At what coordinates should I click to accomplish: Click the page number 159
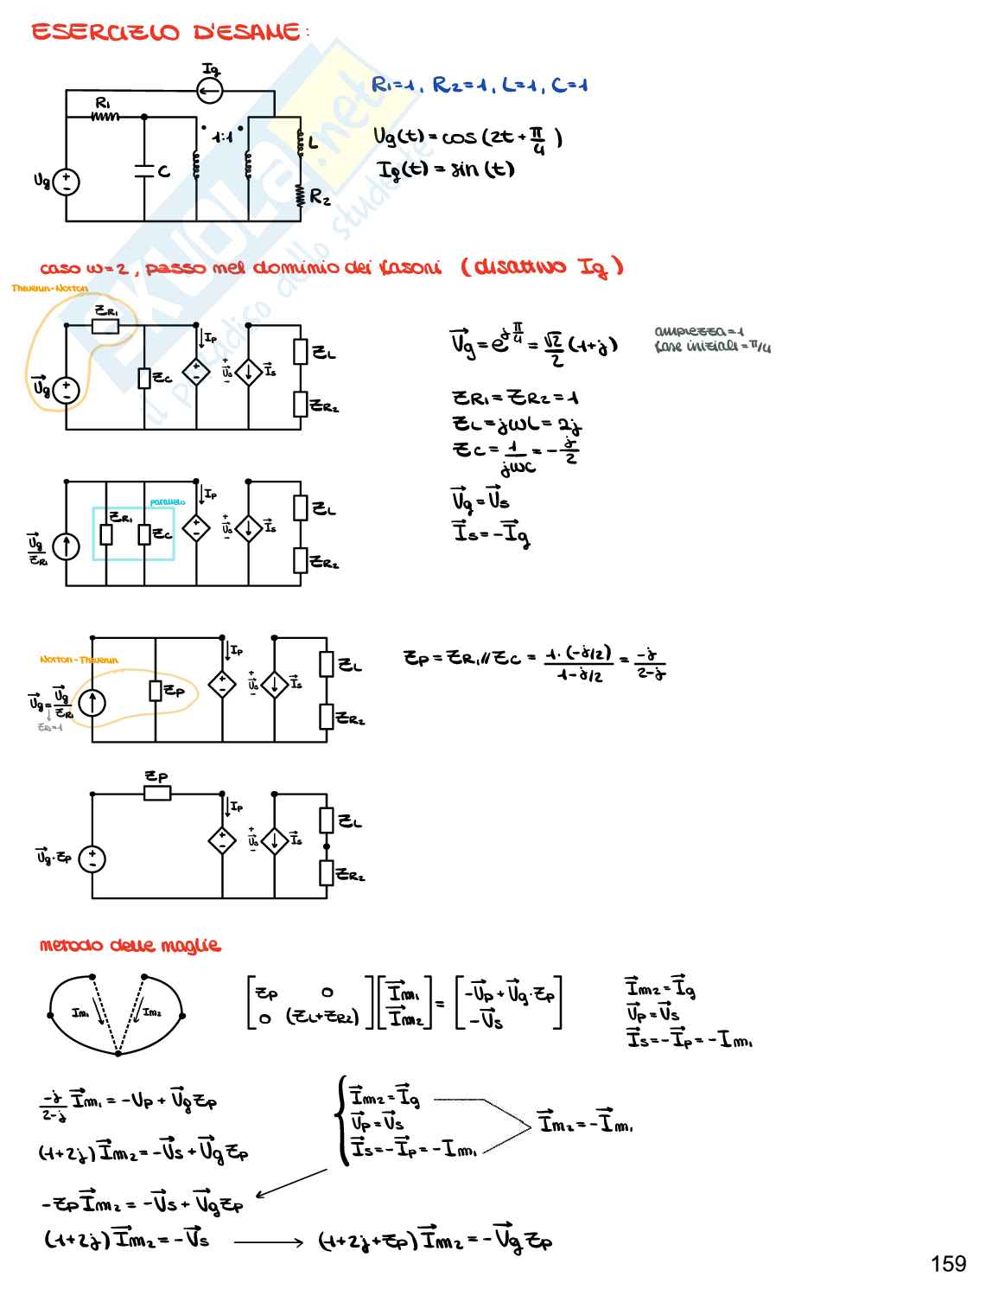[x=948, y=1264]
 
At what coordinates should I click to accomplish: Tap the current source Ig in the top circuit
[x=210, y=89]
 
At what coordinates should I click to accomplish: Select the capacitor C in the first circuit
[x=144, y=171]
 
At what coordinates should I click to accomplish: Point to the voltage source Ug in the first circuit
[x=67, y=182]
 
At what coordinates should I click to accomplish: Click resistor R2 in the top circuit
[x=300, y=197]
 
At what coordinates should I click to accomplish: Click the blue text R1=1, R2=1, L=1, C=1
[x=480, y=85]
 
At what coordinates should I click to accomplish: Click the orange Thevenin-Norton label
[x=50, y=289]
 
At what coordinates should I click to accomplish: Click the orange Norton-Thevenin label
[x=79, y=660]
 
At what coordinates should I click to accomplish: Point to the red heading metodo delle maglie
[x=130, y=946]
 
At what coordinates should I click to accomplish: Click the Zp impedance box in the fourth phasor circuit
[x=157, y=793]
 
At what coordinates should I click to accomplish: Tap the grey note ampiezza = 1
[x=700, y=331]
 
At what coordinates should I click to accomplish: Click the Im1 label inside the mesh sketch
[x=82, y=1013]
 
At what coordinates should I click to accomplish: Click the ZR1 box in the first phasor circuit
[x=105, y=326]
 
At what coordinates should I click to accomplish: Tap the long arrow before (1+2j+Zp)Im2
[x=268, y=1241]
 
